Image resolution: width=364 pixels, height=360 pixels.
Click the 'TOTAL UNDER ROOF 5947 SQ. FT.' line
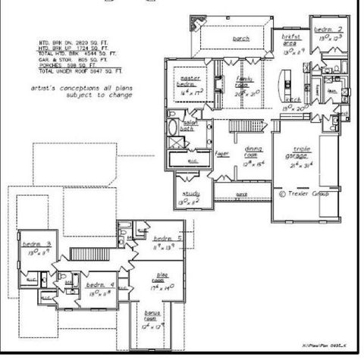tap(81, 70)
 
